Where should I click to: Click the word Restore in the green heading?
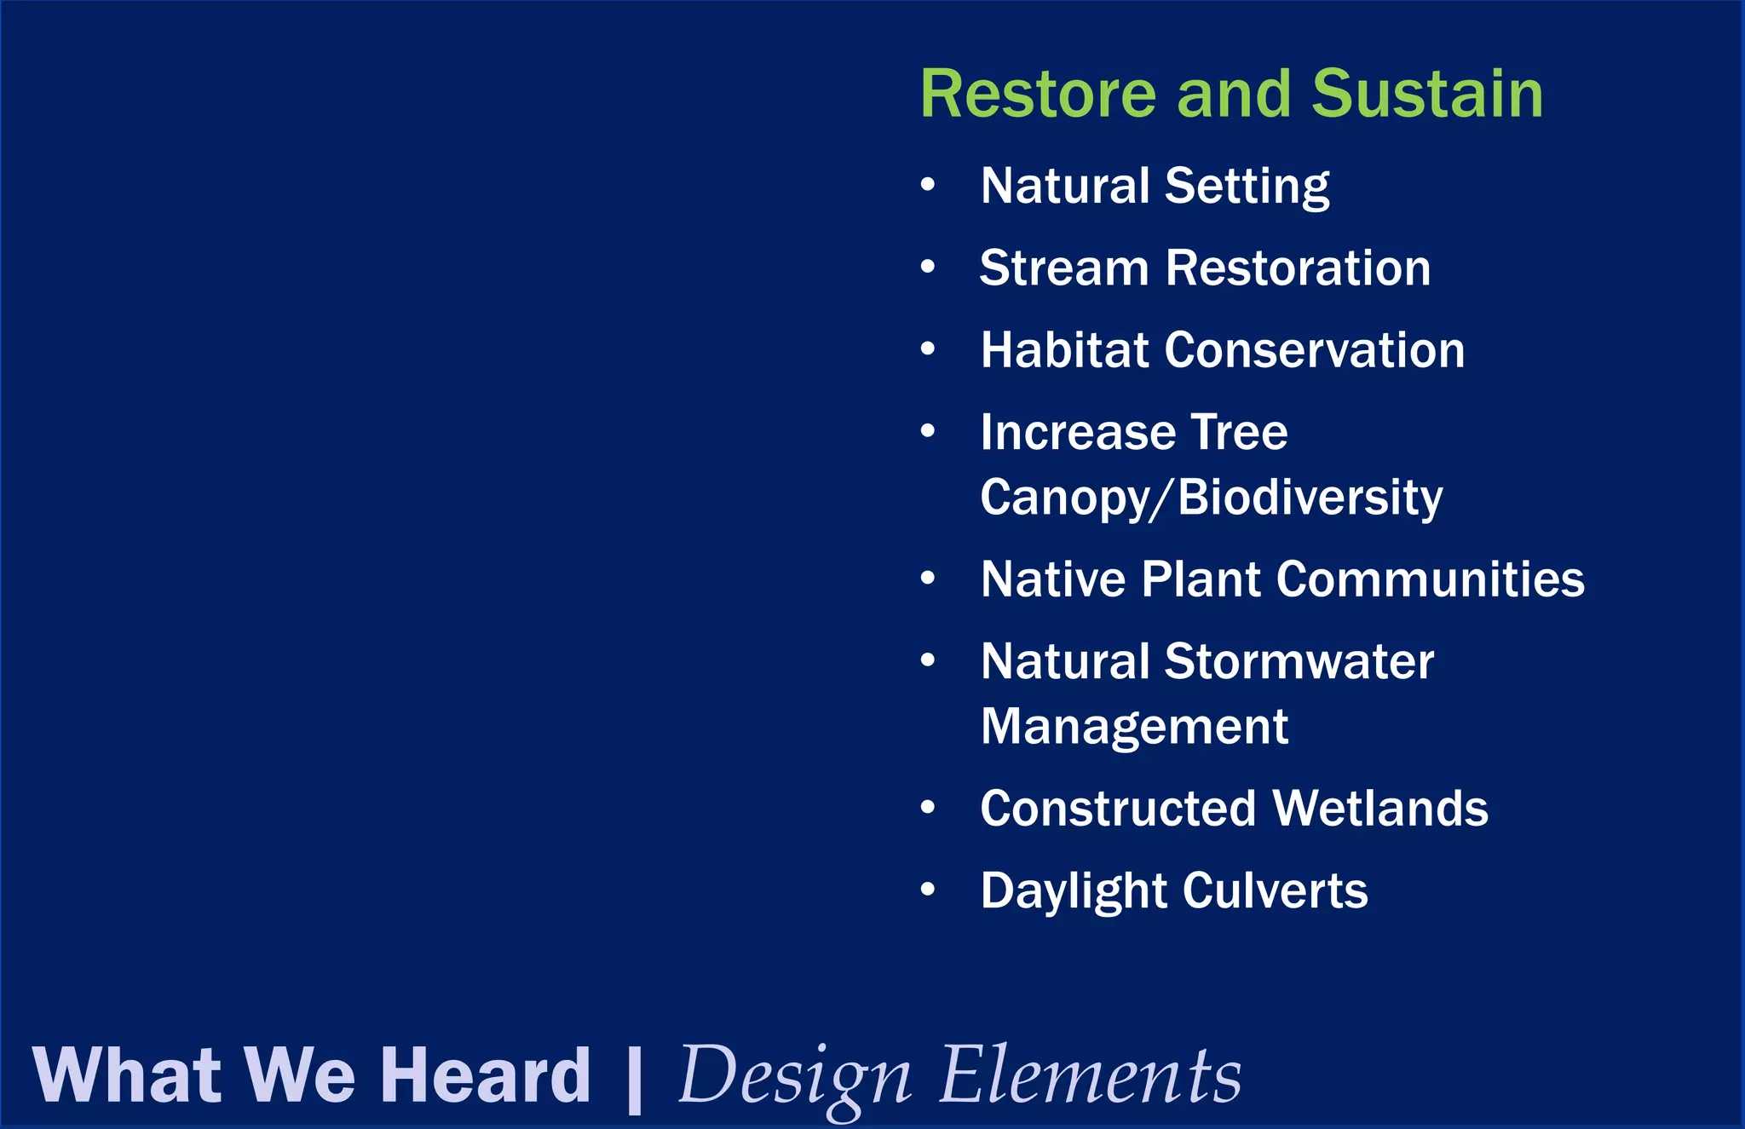[x=1038, y=94]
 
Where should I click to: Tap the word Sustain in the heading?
[x=1427, y=94]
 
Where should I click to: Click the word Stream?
[x=1064, y=268]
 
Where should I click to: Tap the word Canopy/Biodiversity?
[x=1211, y=498]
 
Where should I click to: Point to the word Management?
[x=1133, y=727]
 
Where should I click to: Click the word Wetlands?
[x=1379, y=809]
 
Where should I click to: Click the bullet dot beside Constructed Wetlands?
[x=928, y=807]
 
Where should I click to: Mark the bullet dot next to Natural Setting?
[x=928, y=184]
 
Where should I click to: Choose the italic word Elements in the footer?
[x=1090, y=1075]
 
